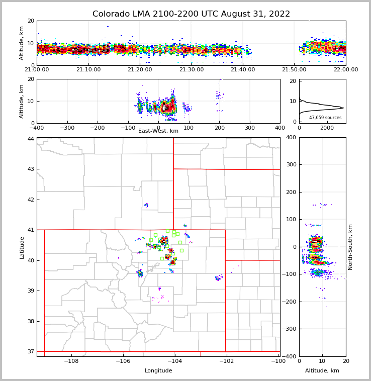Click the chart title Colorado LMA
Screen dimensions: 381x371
pos(191,14)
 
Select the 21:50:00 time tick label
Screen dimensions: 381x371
pos(294,69)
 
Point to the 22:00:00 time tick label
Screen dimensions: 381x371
pos(345,69)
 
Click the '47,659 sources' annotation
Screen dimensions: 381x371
pos(325,118)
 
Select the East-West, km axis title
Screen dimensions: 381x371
pos(158,131)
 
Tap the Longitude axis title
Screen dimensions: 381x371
pos(158,371)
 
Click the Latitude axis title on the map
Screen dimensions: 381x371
pos(22,247)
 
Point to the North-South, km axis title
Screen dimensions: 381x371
pos(350,247)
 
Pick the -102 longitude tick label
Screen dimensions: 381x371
pos(226,361)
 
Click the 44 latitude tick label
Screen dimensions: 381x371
pos(31,139)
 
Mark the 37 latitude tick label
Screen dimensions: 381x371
pos(31,351)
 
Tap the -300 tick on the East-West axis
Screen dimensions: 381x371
pos(67,128)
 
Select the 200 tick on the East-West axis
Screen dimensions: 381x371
pos(219,128)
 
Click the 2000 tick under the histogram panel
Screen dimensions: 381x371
pos(327,128)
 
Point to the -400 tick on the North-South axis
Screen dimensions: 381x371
pos(291,356)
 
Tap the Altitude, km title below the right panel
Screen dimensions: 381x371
pos(322,371)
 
